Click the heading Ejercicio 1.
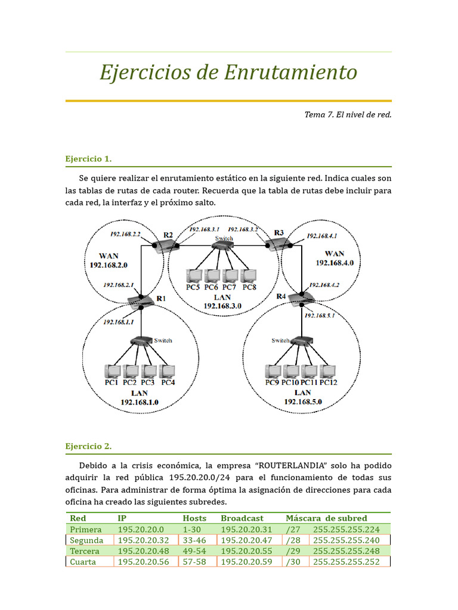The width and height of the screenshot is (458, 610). click(88, 159)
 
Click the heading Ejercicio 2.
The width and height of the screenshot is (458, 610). click(88, 446)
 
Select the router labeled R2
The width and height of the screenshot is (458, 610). click(166, 246)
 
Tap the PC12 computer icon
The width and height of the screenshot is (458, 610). click(327, 372)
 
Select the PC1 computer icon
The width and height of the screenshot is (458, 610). click(112, 372)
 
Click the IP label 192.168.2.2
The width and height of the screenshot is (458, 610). click(125, 234)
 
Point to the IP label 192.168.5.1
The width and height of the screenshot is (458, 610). click(320, 316)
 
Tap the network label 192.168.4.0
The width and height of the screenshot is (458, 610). click(335, 262)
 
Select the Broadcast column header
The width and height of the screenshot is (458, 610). click(242, 518)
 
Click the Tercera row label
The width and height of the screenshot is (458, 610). click(85, 551)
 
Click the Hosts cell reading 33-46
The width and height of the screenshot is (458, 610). click(194, 540)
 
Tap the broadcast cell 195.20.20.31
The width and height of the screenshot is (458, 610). click(246, 529)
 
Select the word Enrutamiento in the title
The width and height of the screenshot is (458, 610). click(290, 73)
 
